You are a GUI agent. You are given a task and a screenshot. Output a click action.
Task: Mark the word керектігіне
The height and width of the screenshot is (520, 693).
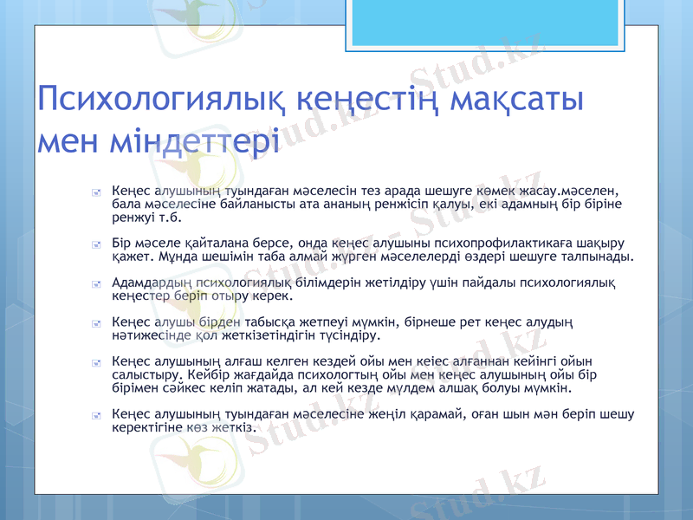click(x=152, y=427)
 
